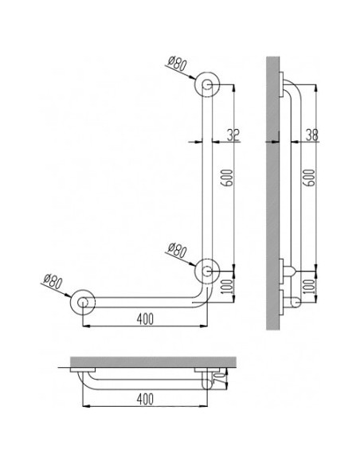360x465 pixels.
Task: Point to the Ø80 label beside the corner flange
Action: [180, 252]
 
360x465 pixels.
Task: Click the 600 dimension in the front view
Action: [228, 180]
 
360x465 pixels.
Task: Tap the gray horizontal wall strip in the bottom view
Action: [151, 362]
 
